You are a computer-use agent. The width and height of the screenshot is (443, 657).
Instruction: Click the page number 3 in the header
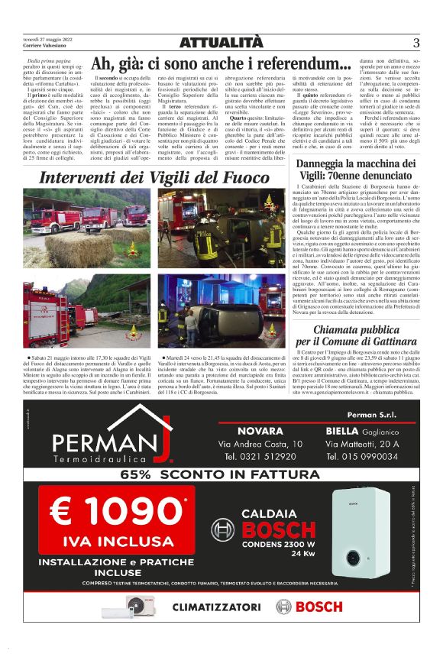pos(416,43)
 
